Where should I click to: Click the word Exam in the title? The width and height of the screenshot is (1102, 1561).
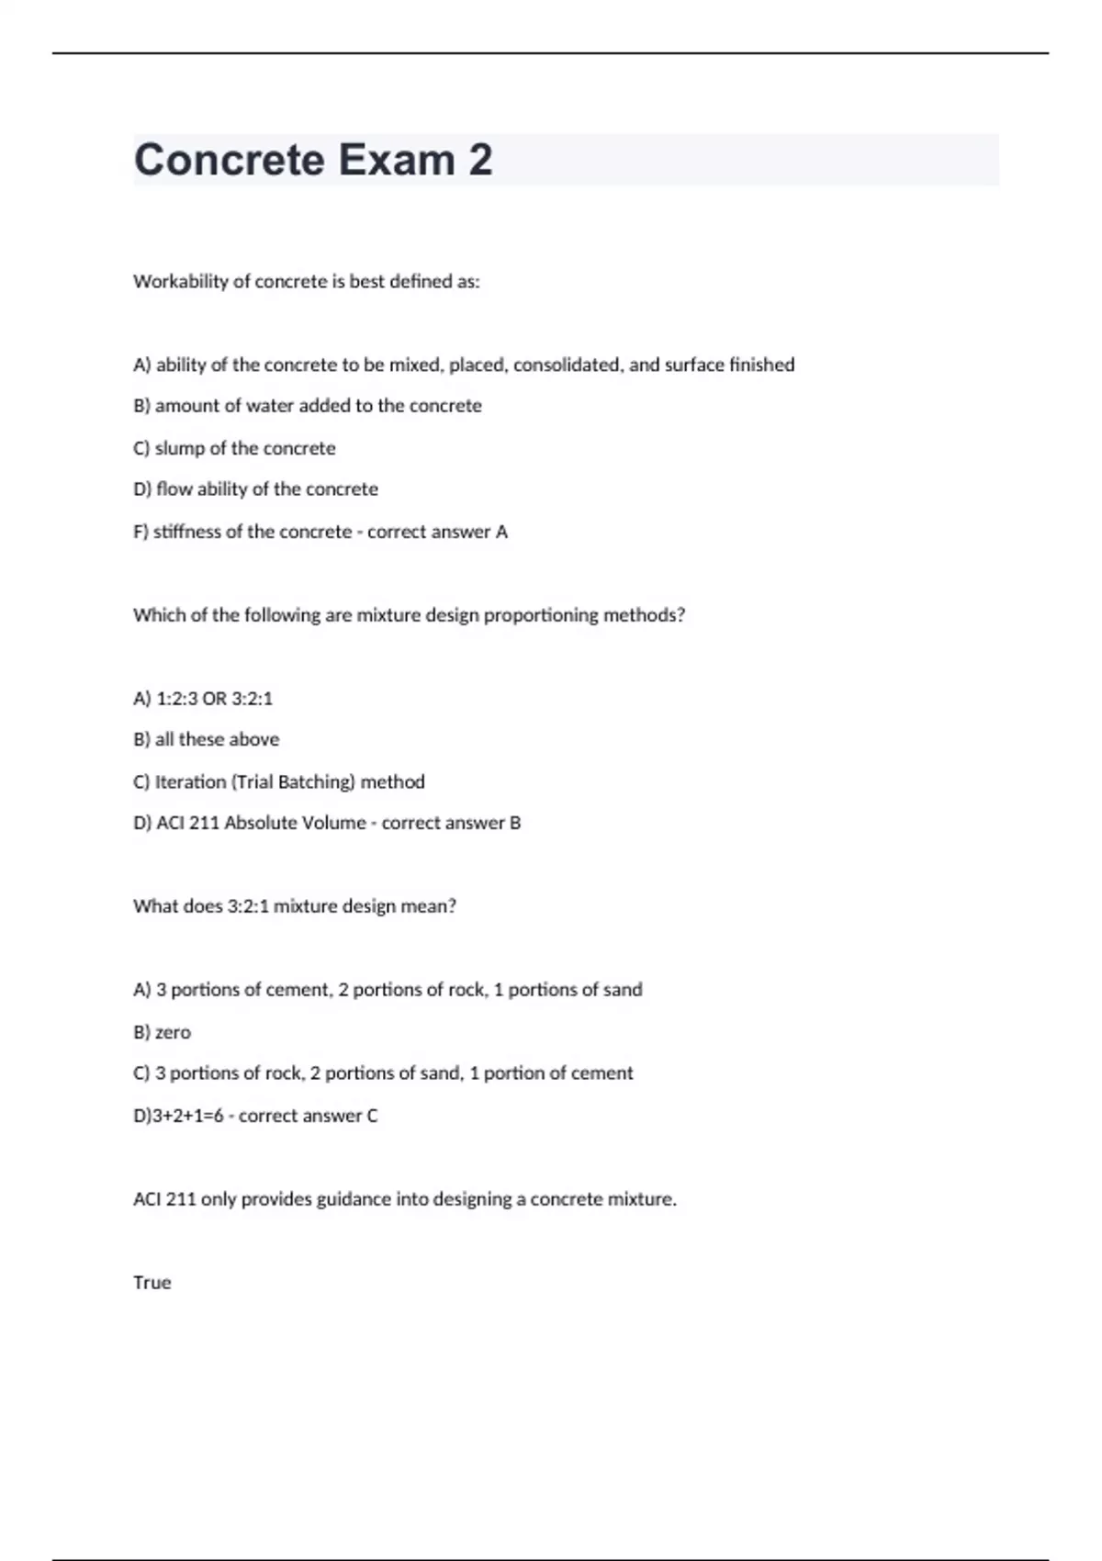coord(396,160)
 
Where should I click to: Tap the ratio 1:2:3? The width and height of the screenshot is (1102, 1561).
coord(176,699)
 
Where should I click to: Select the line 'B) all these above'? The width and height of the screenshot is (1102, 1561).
coord(206,739)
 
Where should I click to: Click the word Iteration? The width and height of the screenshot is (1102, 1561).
coord(189,782)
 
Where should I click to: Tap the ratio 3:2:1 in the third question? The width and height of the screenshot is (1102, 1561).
coord(248,906)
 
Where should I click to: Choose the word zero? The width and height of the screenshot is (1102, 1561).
coord(173,1032)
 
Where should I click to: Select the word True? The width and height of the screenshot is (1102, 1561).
coord(152,1283)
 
